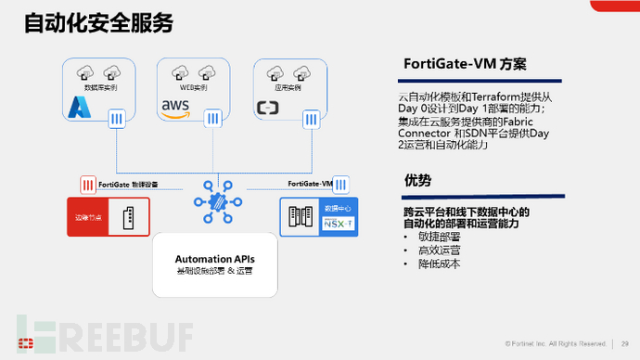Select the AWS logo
click(176, 110)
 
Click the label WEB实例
click(193, 87)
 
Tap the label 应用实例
click(288, 87)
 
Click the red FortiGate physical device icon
click(88, 184)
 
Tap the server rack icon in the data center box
click(301, 216)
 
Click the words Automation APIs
click(214, 258)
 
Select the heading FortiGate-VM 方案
click(466, 64)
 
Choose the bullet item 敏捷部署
click(439, 237)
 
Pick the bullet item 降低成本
click(439, 264)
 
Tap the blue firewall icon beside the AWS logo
click(213, 118)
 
